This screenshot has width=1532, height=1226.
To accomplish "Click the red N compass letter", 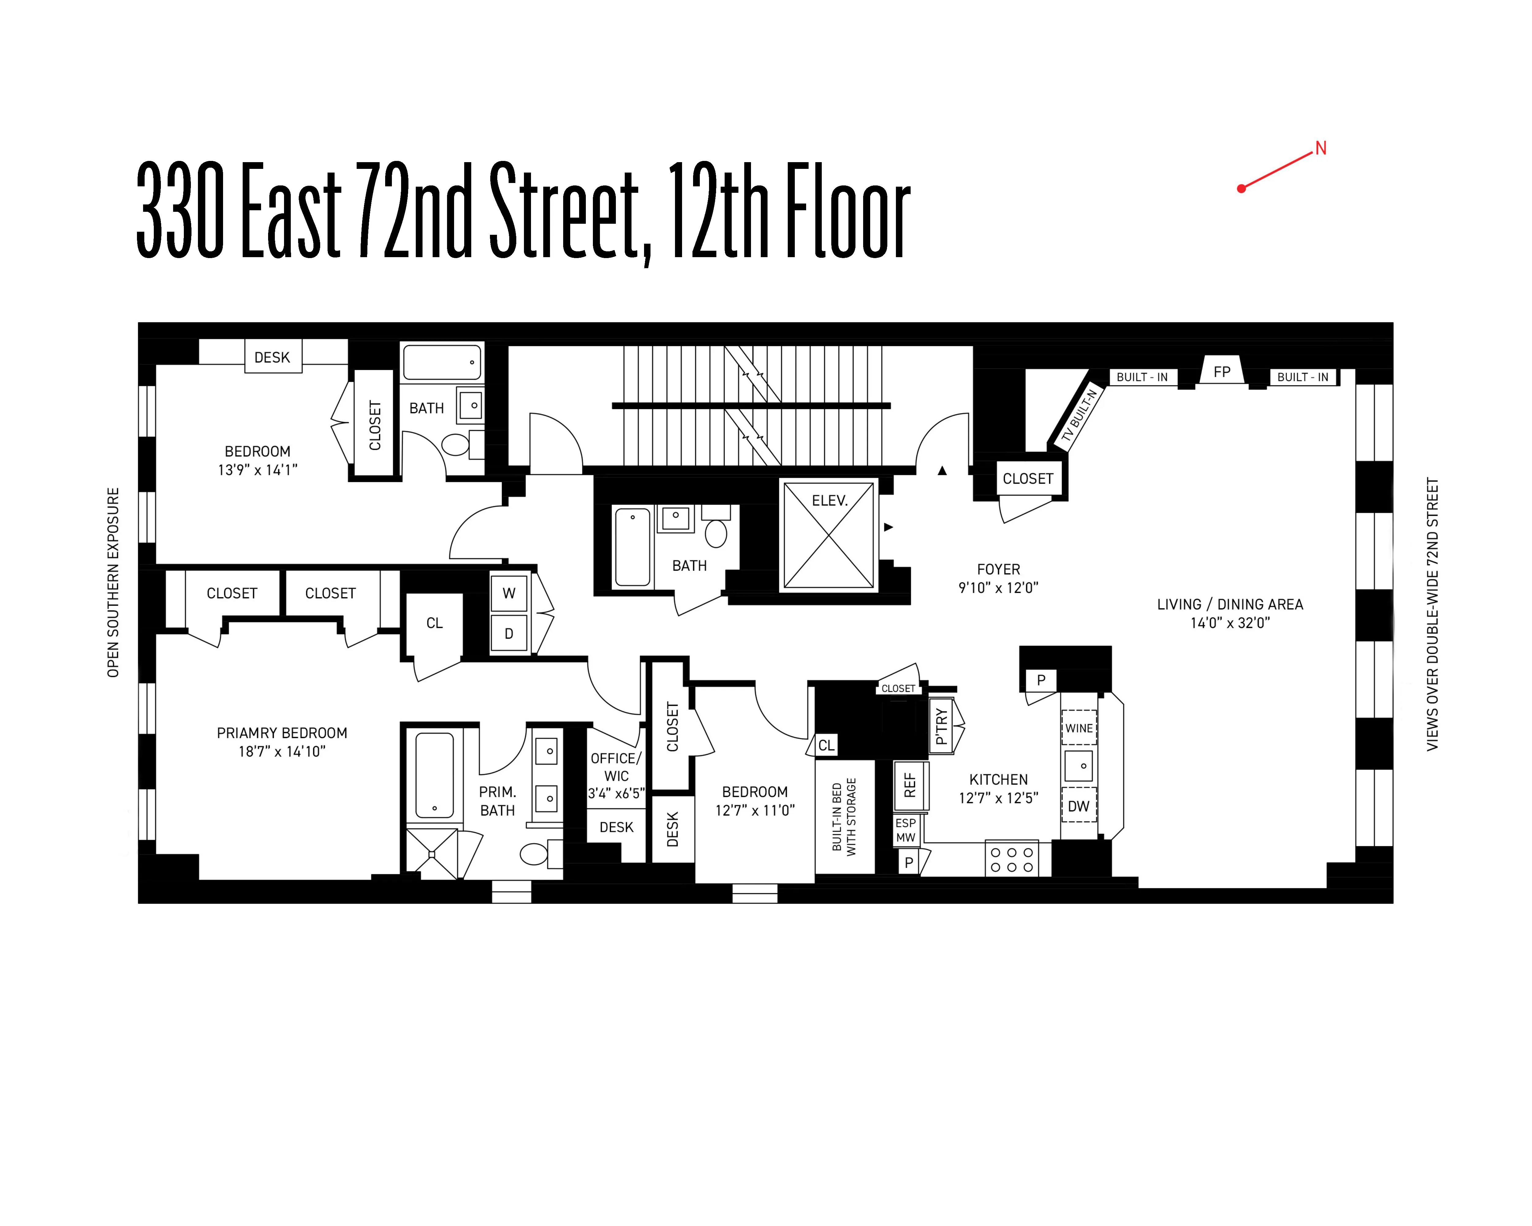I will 1320,149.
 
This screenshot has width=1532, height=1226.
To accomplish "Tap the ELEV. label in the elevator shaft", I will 829,500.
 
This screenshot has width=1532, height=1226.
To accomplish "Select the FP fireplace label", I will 1222,372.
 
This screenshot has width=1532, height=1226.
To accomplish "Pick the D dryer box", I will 509,633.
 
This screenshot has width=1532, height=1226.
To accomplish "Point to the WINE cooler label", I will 1079,728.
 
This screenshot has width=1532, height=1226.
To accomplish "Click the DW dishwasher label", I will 1079,806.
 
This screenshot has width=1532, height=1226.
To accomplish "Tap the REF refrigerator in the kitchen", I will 910,785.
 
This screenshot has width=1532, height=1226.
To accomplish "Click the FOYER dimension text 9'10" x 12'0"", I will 998,588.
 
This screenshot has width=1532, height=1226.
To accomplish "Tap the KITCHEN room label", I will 998,780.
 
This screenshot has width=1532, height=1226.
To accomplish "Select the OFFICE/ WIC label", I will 616,767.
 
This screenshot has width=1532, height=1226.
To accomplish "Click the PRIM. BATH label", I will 497,801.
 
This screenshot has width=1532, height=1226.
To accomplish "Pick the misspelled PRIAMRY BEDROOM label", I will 282,733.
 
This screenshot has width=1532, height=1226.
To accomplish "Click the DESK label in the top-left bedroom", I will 272,357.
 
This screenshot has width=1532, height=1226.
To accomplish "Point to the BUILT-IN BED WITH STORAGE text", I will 844,817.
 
